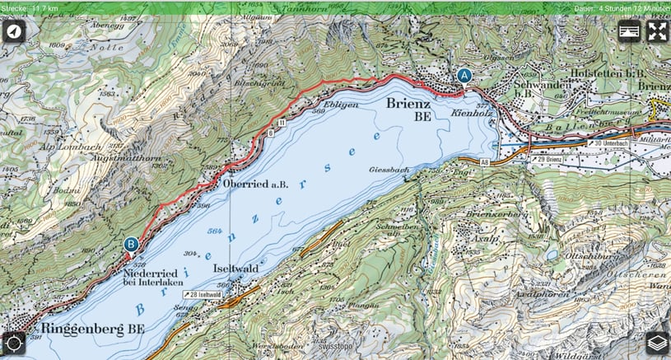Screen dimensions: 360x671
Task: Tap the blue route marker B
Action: tap(131, 244)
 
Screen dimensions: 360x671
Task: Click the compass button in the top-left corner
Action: tap(14, 32)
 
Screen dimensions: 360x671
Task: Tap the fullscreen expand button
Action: tap(657, 32)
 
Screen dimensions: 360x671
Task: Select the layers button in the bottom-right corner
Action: tap(656, 343)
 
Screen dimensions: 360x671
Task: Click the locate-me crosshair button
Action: tap(14, 343)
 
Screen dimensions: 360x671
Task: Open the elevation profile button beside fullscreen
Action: tap(630, 32)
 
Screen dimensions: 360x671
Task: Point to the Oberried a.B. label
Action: tap(256, 184)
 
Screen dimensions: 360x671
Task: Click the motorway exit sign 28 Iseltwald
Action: tap(205, 294)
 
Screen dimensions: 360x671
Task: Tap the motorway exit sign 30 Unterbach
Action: tap(614, 143)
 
